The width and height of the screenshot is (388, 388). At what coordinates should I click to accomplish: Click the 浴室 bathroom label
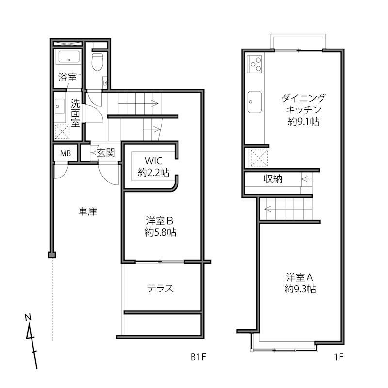(67, 77)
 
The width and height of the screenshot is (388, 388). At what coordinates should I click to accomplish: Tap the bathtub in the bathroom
(67, 58)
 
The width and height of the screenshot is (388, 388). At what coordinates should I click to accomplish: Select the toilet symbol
(97, 62)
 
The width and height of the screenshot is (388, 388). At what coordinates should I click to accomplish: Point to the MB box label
(65, 153)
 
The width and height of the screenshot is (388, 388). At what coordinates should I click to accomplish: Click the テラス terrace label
(161, 289)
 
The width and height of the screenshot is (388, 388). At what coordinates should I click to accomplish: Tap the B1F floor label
(198, 357)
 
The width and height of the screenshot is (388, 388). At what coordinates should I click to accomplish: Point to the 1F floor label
(338, 357)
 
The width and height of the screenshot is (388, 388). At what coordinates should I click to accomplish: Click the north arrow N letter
(28, 318)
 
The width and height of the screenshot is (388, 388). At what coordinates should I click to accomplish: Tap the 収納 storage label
(273, 179)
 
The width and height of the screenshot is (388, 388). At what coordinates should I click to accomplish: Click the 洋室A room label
(301, 278)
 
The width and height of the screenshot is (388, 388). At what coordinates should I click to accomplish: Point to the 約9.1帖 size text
(303, 122)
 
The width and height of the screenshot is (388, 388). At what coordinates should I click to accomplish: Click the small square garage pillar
(51, 255)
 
